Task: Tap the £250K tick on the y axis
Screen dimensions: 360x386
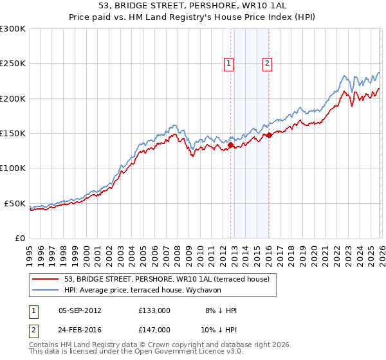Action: [x=13, y=64]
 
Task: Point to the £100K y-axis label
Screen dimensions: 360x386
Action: [x=13, y=168]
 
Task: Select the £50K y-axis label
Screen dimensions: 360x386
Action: [x=15, y=203]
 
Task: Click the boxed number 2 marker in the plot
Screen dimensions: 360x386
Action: [x=267, y=63]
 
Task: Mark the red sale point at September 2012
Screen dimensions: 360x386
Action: [x=230, y=145]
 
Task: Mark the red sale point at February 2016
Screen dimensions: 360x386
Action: [x=269, y=136]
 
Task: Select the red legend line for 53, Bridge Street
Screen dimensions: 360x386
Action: [x=45, y=280]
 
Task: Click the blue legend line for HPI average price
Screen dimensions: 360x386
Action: [x=45, y=291]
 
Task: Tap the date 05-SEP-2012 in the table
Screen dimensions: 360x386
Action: [x=80, y=310]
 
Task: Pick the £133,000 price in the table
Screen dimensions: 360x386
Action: [x=154, y=310]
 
